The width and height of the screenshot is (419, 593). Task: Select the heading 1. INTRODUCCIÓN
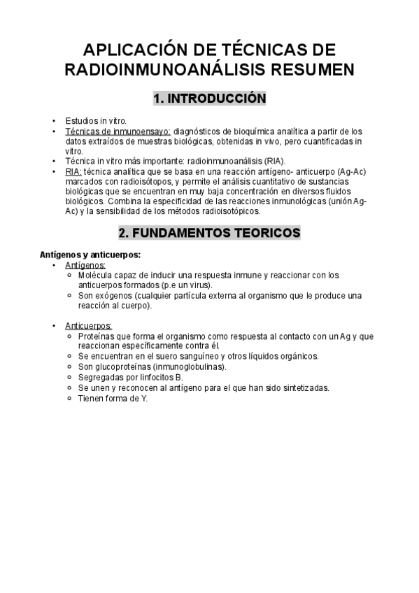pyautogui.click(x=209, y=99)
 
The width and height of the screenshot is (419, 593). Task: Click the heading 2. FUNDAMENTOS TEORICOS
pyautogui.click(x=209, y=232)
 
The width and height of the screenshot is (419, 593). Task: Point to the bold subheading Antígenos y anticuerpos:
pyautogui.click(x=90, y=255)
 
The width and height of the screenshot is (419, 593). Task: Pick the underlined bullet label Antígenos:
pyautogui.click(x=85, y=266)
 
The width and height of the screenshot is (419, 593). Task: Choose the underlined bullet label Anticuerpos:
pyautogui.click(x=88, y=326)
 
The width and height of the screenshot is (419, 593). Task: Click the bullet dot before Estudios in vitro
pyautogui.click(x=54, y=121)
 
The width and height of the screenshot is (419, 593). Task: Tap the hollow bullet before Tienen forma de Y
pyautogui.click(x=71, y=398)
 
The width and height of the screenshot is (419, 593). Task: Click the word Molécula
pyautogui.click(x=98, y=276)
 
